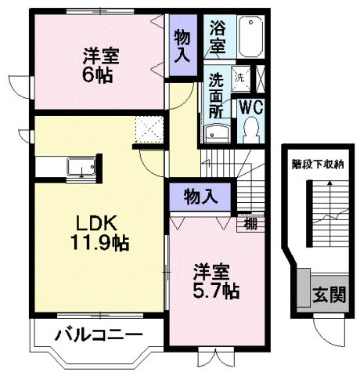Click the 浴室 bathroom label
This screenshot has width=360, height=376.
coord(217,36)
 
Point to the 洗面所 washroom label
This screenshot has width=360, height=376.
coord(217,95)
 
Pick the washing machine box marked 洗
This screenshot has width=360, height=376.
coord(241,78)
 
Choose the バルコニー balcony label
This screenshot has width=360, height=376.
coord(98,336)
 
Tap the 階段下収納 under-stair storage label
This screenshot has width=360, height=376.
coord(318,164)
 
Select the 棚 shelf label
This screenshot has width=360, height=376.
coord(250,223)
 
